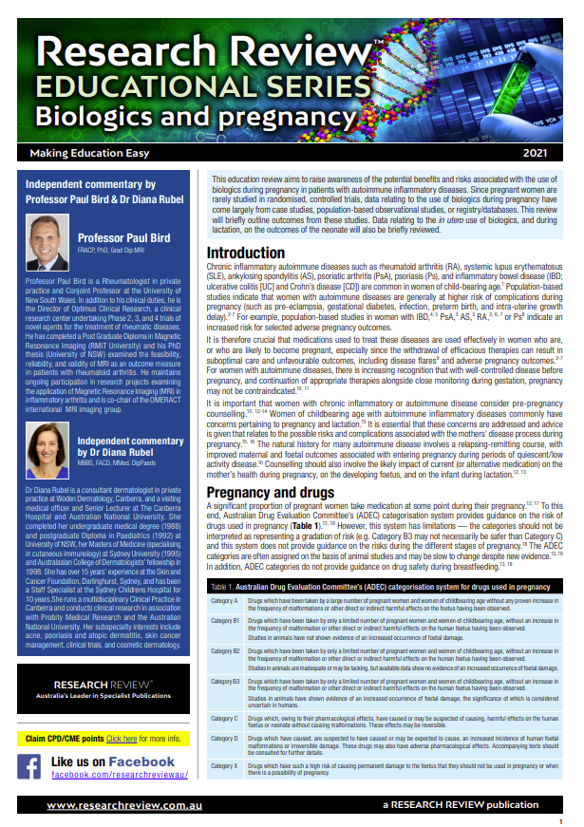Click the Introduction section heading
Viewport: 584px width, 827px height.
pyautogui.click(x=259, y=254)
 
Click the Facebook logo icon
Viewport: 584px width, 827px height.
pyautogui.click(x=29, y=767)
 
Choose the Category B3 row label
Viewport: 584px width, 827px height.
pyautogui.click(x=225, y=681)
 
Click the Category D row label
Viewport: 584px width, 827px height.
pyautogui.click(x=224, y=738)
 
